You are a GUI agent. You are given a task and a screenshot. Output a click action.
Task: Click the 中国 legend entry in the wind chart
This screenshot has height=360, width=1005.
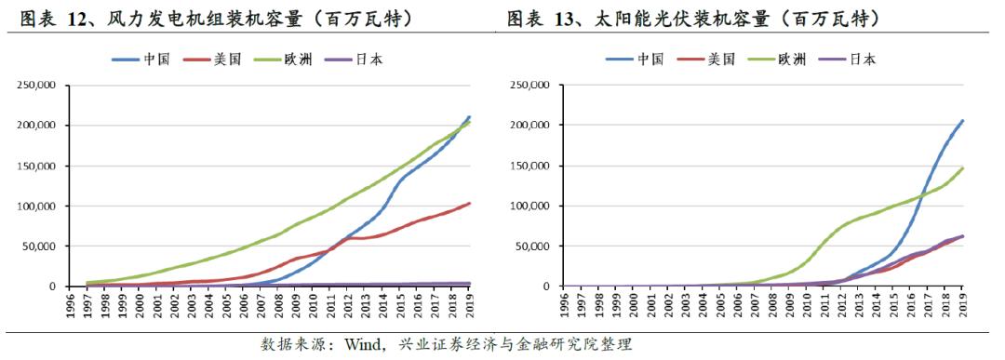point(154,60)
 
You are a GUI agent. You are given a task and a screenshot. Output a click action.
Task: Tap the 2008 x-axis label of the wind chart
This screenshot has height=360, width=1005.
point(278,306)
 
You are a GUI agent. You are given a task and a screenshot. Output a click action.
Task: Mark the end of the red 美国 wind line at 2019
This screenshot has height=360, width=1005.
point(469,203)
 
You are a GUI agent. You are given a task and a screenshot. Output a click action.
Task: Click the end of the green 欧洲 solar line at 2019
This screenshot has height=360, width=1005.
point(962,168)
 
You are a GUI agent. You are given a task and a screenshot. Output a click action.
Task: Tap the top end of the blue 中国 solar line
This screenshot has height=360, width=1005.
point(962,120)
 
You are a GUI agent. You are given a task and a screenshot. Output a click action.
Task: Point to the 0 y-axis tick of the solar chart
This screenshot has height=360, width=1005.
point(544,287)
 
